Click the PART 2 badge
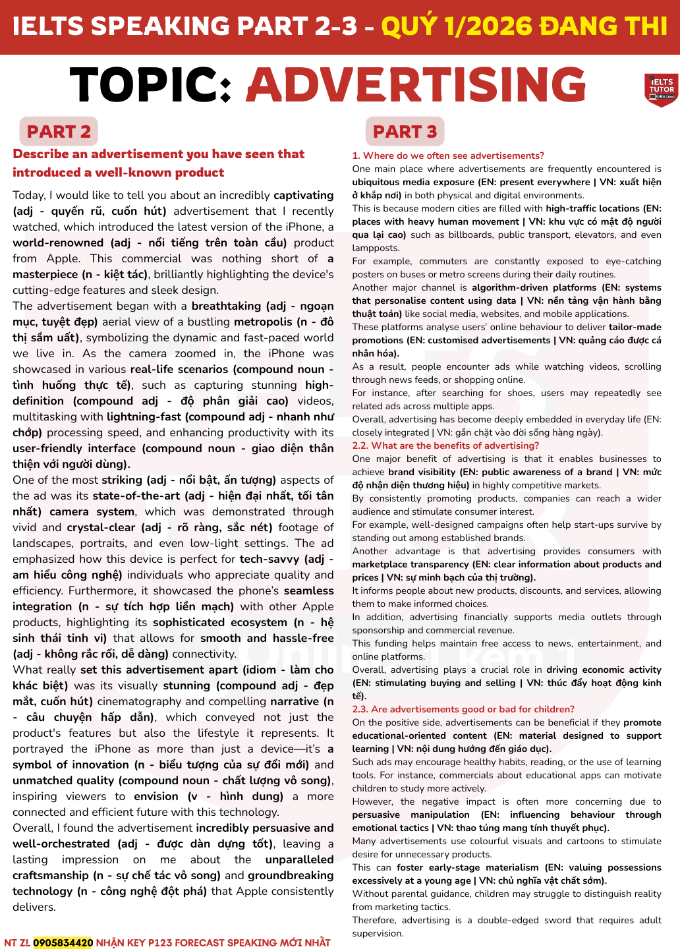click(x=59, y=132)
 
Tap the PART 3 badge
click(x=405, y=132)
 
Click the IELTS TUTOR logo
click(x=661, y=89)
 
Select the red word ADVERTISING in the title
click(x=416, y=86)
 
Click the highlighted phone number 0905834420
click(x=63, y=942)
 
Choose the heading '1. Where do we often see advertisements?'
click(x=448, y=156)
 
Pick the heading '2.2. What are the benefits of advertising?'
click(x=445, y=446)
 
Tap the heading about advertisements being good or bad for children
click(x=463, y=709)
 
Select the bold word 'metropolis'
click(x=271, y=322)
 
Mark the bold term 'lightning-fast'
click(x=145, y=417)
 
